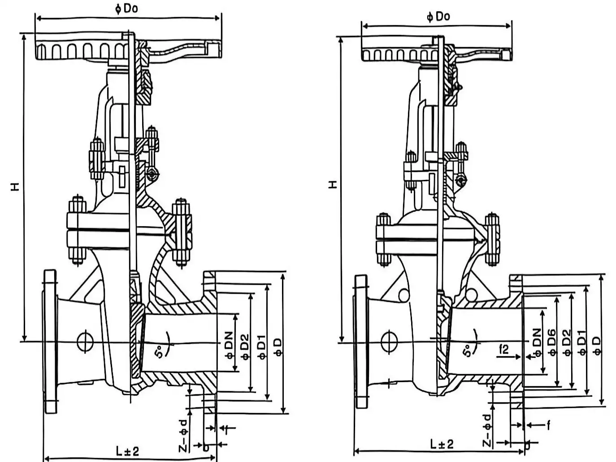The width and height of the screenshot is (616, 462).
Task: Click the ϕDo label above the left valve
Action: click(127, 9)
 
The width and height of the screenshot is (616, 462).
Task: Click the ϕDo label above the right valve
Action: click(438, 17)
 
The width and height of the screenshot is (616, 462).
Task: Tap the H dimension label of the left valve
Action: click(15, 187)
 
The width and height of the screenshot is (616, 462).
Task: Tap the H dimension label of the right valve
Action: click(333, 184)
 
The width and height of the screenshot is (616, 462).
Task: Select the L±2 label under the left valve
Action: click(128, 451)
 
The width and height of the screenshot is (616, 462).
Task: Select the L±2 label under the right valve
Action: click(442, 444)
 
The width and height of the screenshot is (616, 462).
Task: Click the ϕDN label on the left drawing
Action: click(229, 345)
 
